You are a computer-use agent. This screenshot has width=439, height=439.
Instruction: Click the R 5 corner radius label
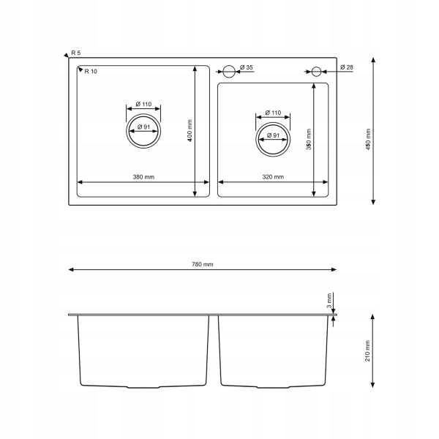[x=76, y=53]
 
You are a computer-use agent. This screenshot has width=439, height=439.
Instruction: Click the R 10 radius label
[x=91, y=72]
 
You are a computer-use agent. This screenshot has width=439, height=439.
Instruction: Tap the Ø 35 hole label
[x=247, y=67]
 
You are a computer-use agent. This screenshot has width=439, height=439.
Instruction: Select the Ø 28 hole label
[x=347, y=67]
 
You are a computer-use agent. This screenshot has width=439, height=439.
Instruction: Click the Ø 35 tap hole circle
[x=229, y=66]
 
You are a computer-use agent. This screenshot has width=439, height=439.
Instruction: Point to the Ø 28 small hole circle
[x=316, y=67]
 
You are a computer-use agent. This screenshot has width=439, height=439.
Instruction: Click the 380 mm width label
[x=143, y=177]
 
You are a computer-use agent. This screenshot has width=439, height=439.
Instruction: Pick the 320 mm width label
[x=273, y=177]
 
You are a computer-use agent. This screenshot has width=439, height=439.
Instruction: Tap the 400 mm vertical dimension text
[x=190, y=130]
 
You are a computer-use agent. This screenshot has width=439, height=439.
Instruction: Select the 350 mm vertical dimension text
[x=309, y=140]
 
